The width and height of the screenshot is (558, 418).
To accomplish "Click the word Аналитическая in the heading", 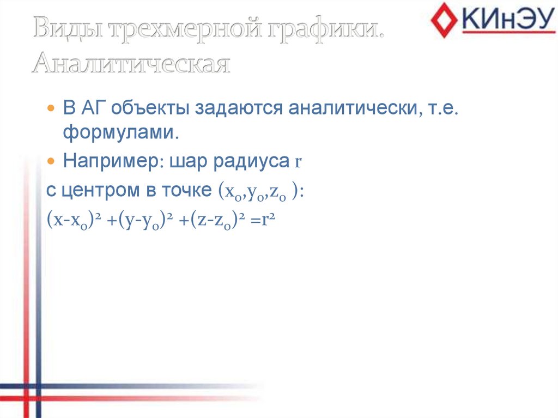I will [131, 64].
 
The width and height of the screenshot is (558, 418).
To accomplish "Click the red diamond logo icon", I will [444, 20].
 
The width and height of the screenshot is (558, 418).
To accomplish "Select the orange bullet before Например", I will [51, 162].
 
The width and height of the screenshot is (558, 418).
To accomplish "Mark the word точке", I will [187, 191].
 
